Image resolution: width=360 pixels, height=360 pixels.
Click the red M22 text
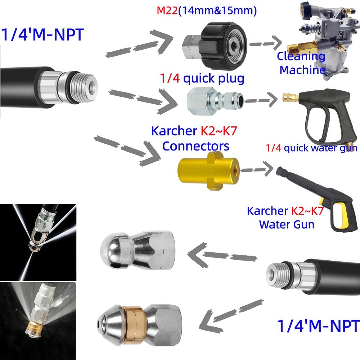(x=167, y=10)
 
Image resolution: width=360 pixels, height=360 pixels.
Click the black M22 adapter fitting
(x=214, y=46)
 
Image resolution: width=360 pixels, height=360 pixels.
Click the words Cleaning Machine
(x=302, y=63)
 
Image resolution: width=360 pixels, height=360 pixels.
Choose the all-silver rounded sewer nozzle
(x=137, y=250)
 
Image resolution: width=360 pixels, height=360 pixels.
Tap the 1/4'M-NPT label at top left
(x=43, y=35)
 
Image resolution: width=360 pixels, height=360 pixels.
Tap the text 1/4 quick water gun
(x=311, y=148)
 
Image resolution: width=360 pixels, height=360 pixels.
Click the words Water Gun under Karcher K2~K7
(x=287, y=224)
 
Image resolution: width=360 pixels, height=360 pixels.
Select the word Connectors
(x=195, y=146)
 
